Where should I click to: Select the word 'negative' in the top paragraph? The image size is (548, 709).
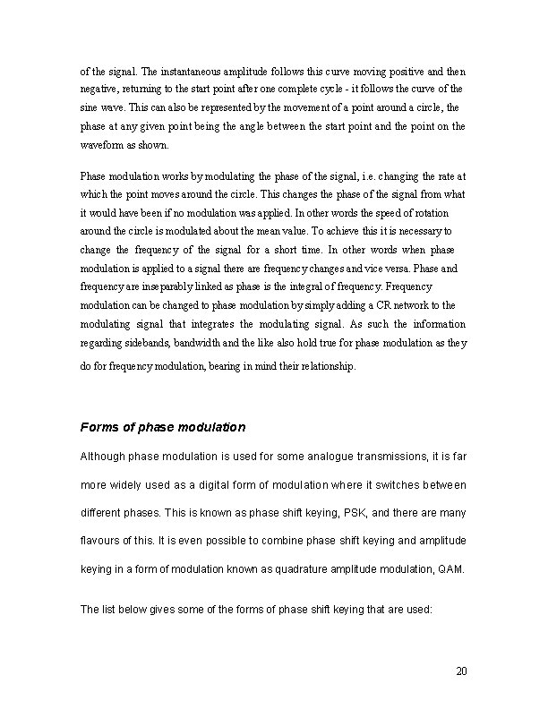(x=99, y=90)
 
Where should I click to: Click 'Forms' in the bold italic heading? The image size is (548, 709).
(x=100, y=426)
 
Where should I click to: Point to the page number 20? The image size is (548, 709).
(x=462, y=671)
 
